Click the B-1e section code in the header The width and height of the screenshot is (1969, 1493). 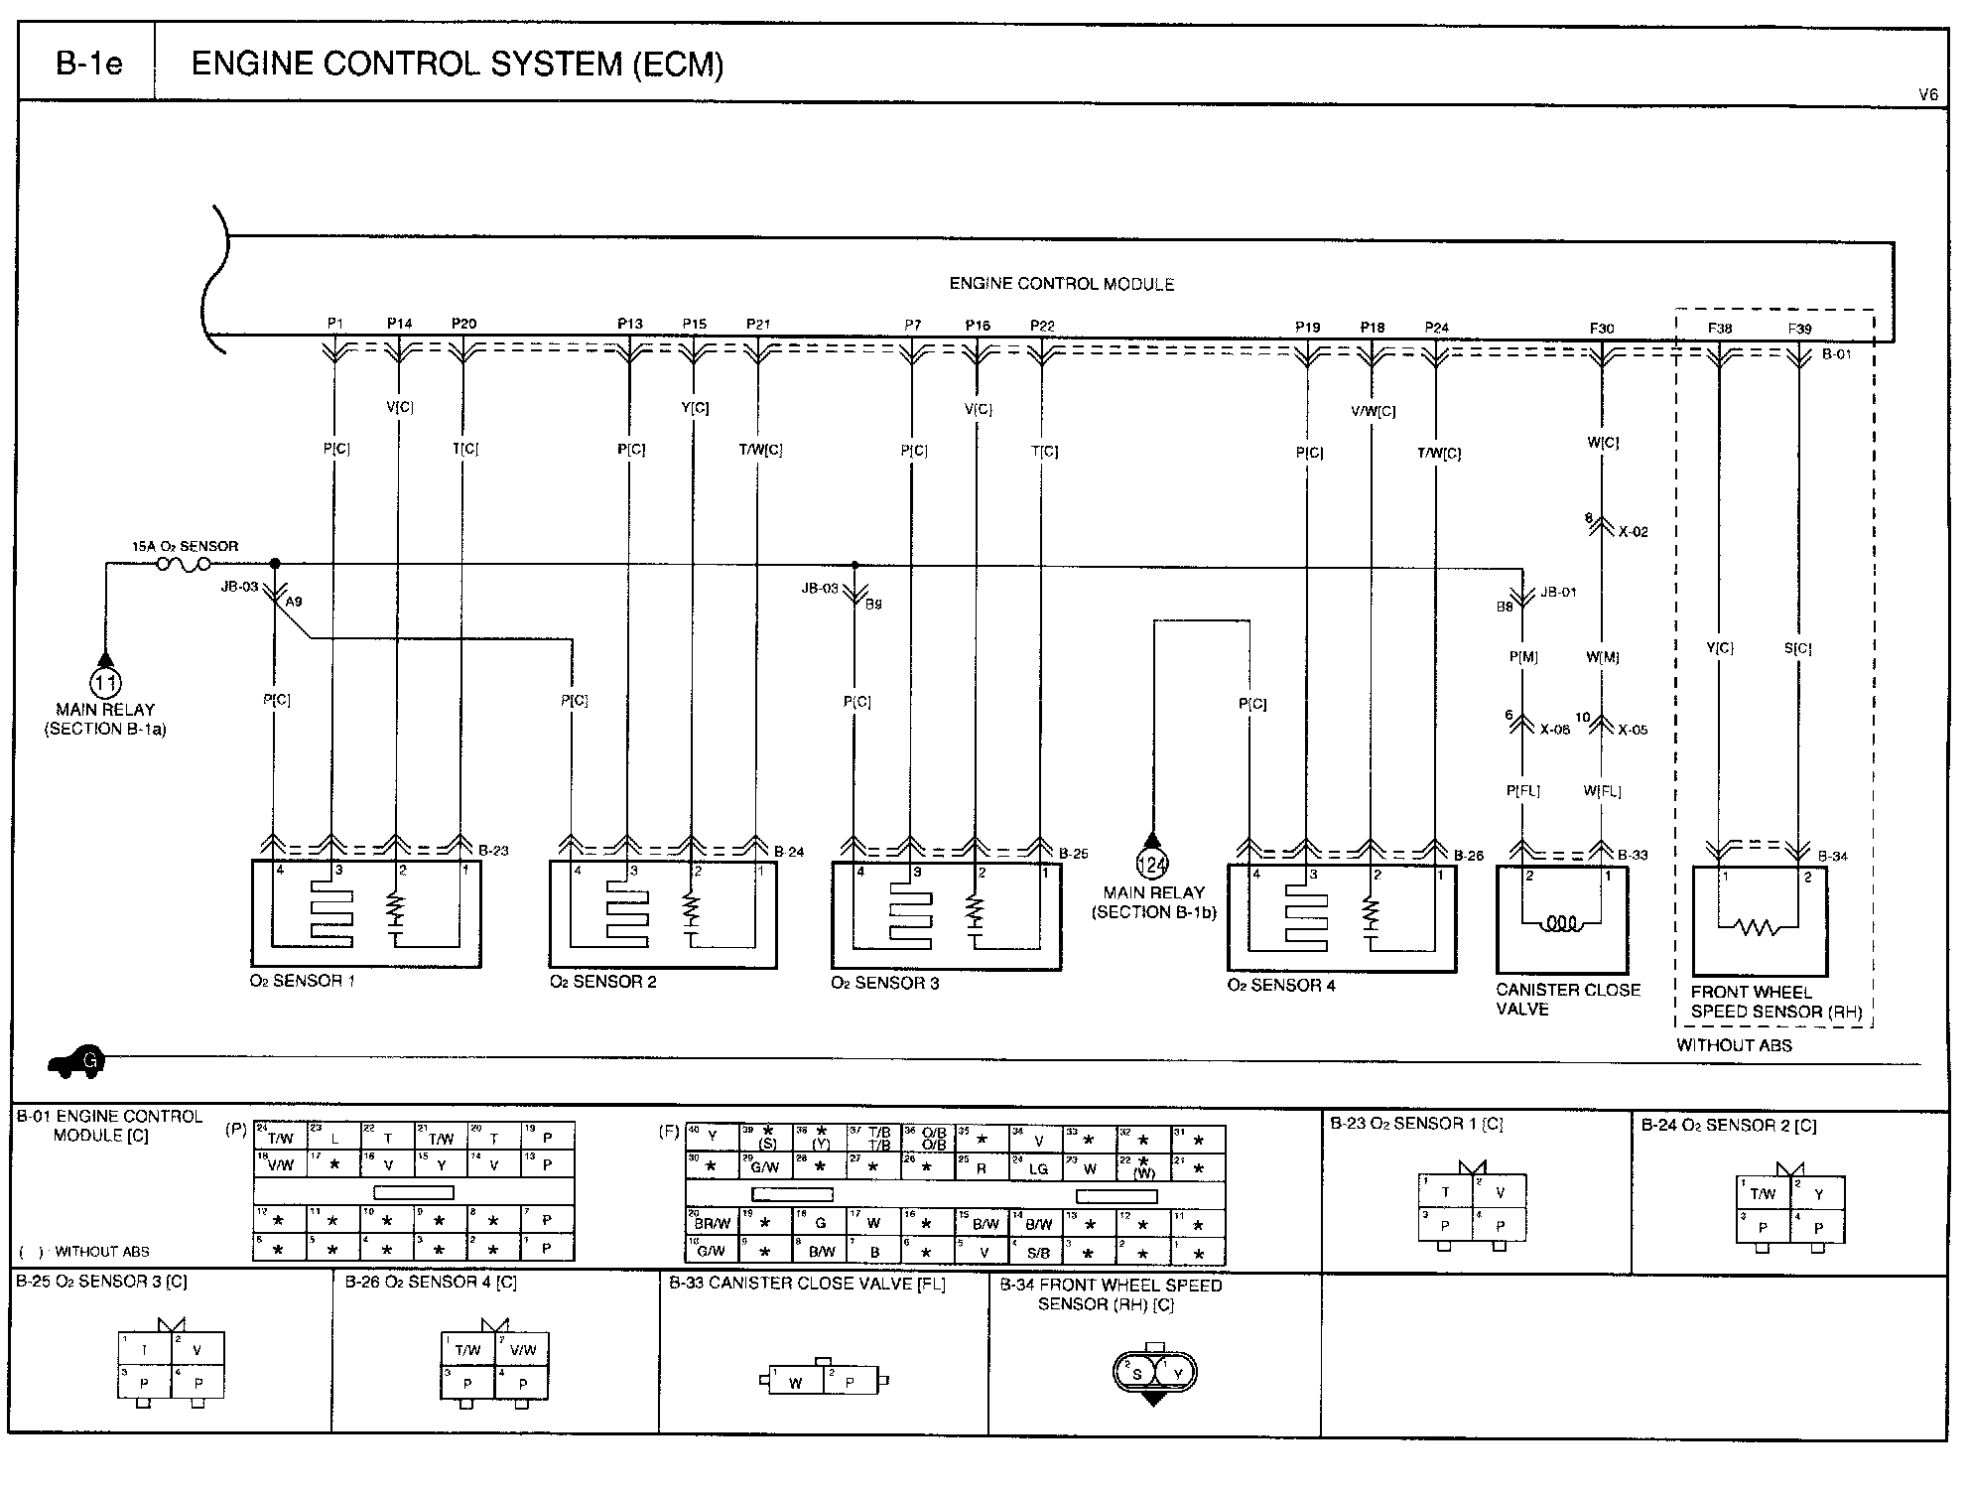88,65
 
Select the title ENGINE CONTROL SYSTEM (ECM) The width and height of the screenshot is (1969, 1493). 457,65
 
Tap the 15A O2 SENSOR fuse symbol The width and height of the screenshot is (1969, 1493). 184,565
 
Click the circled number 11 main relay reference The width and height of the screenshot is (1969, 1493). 105,683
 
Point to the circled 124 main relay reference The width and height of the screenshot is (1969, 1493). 1151,864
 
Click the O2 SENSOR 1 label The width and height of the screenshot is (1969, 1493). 302,981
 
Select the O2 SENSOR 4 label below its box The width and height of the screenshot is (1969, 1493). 1280,986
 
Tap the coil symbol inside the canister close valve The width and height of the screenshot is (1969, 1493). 1560,923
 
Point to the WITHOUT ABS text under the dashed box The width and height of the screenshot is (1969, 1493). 1734,1045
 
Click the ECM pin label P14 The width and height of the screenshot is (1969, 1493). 399,324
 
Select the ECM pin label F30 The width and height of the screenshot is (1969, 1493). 1602,328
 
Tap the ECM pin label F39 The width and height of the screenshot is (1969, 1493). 1799,328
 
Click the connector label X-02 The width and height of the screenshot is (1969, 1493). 1633,532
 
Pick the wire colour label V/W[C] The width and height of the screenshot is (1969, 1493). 1374,410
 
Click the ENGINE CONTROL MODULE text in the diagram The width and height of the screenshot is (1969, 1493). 1061,284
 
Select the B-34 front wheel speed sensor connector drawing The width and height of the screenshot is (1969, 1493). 1154,1374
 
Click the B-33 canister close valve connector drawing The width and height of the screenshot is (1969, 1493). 823,1380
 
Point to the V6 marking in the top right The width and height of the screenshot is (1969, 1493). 1927,95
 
